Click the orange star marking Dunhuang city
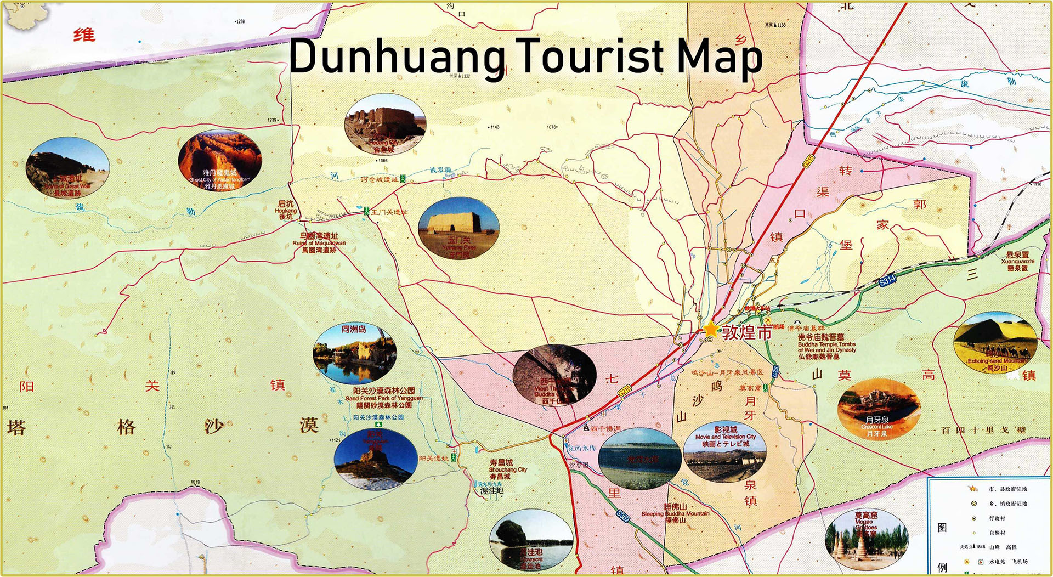pyautogui.click(x=711, y=329)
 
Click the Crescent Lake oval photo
pyautogui.click(x=879, y=409)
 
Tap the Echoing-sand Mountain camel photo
pyautogui.click(x=995, y=342)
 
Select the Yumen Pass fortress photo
pyautogui.click(x=458, y=228)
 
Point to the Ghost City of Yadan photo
pyautogui.click(x=219, y=160)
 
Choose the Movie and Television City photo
pyautogui.click(x=725, y=451)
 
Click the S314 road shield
pyautogui.click(x=887, y=280)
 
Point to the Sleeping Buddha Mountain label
pyautogui.click(x=675, y=513)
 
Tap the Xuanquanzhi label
pyautogui.click(x=1017, y=262)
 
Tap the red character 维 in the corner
pyautogui.click(x=84, y=36)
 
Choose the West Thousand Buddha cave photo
pyautogui.click(x=554, y=376)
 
